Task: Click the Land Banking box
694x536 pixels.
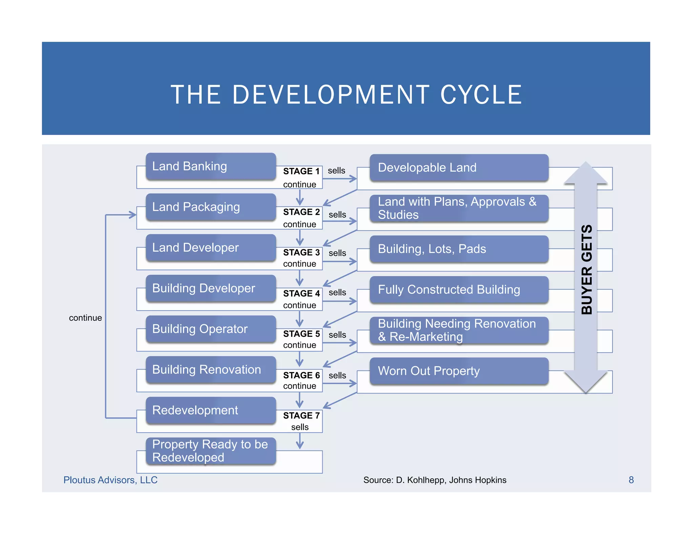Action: (x=210, y=166)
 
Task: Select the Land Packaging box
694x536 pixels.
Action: (x=210, y=207)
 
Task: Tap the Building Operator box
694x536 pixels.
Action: (x=210, y=329)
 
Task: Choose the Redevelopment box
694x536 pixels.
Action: (x=210, y=410)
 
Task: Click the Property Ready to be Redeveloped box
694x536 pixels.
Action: (x=210, y=451)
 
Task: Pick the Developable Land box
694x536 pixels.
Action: (x=459, y=168)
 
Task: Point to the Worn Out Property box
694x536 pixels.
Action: (x=459, y=371)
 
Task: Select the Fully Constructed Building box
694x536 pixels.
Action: (x=459, y=290)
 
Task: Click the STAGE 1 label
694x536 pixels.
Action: (x=301, y=171)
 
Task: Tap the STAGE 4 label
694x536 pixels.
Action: (x=301, y=293)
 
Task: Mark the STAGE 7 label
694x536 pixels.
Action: (x=301, y=416)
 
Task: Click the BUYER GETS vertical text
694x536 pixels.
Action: (x=587, y=269)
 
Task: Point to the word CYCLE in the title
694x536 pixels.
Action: (x=481, y=95)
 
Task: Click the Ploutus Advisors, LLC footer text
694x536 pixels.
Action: (x=110, y=480)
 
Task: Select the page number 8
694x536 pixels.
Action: (x=631, y=480)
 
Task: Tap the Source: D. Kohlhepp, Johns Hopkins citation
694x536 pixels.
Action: (x=435, y=480)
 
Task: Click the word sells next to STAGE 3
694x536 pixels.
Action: (x=337, y=253)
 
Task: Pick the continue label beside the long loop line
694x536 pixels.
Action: (x=85, y=318)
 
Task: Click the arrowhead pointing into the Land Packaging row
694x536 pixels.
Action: (x=133, y=215)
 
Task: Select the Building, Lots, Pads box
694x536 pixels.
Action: (x=459, y=249)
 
